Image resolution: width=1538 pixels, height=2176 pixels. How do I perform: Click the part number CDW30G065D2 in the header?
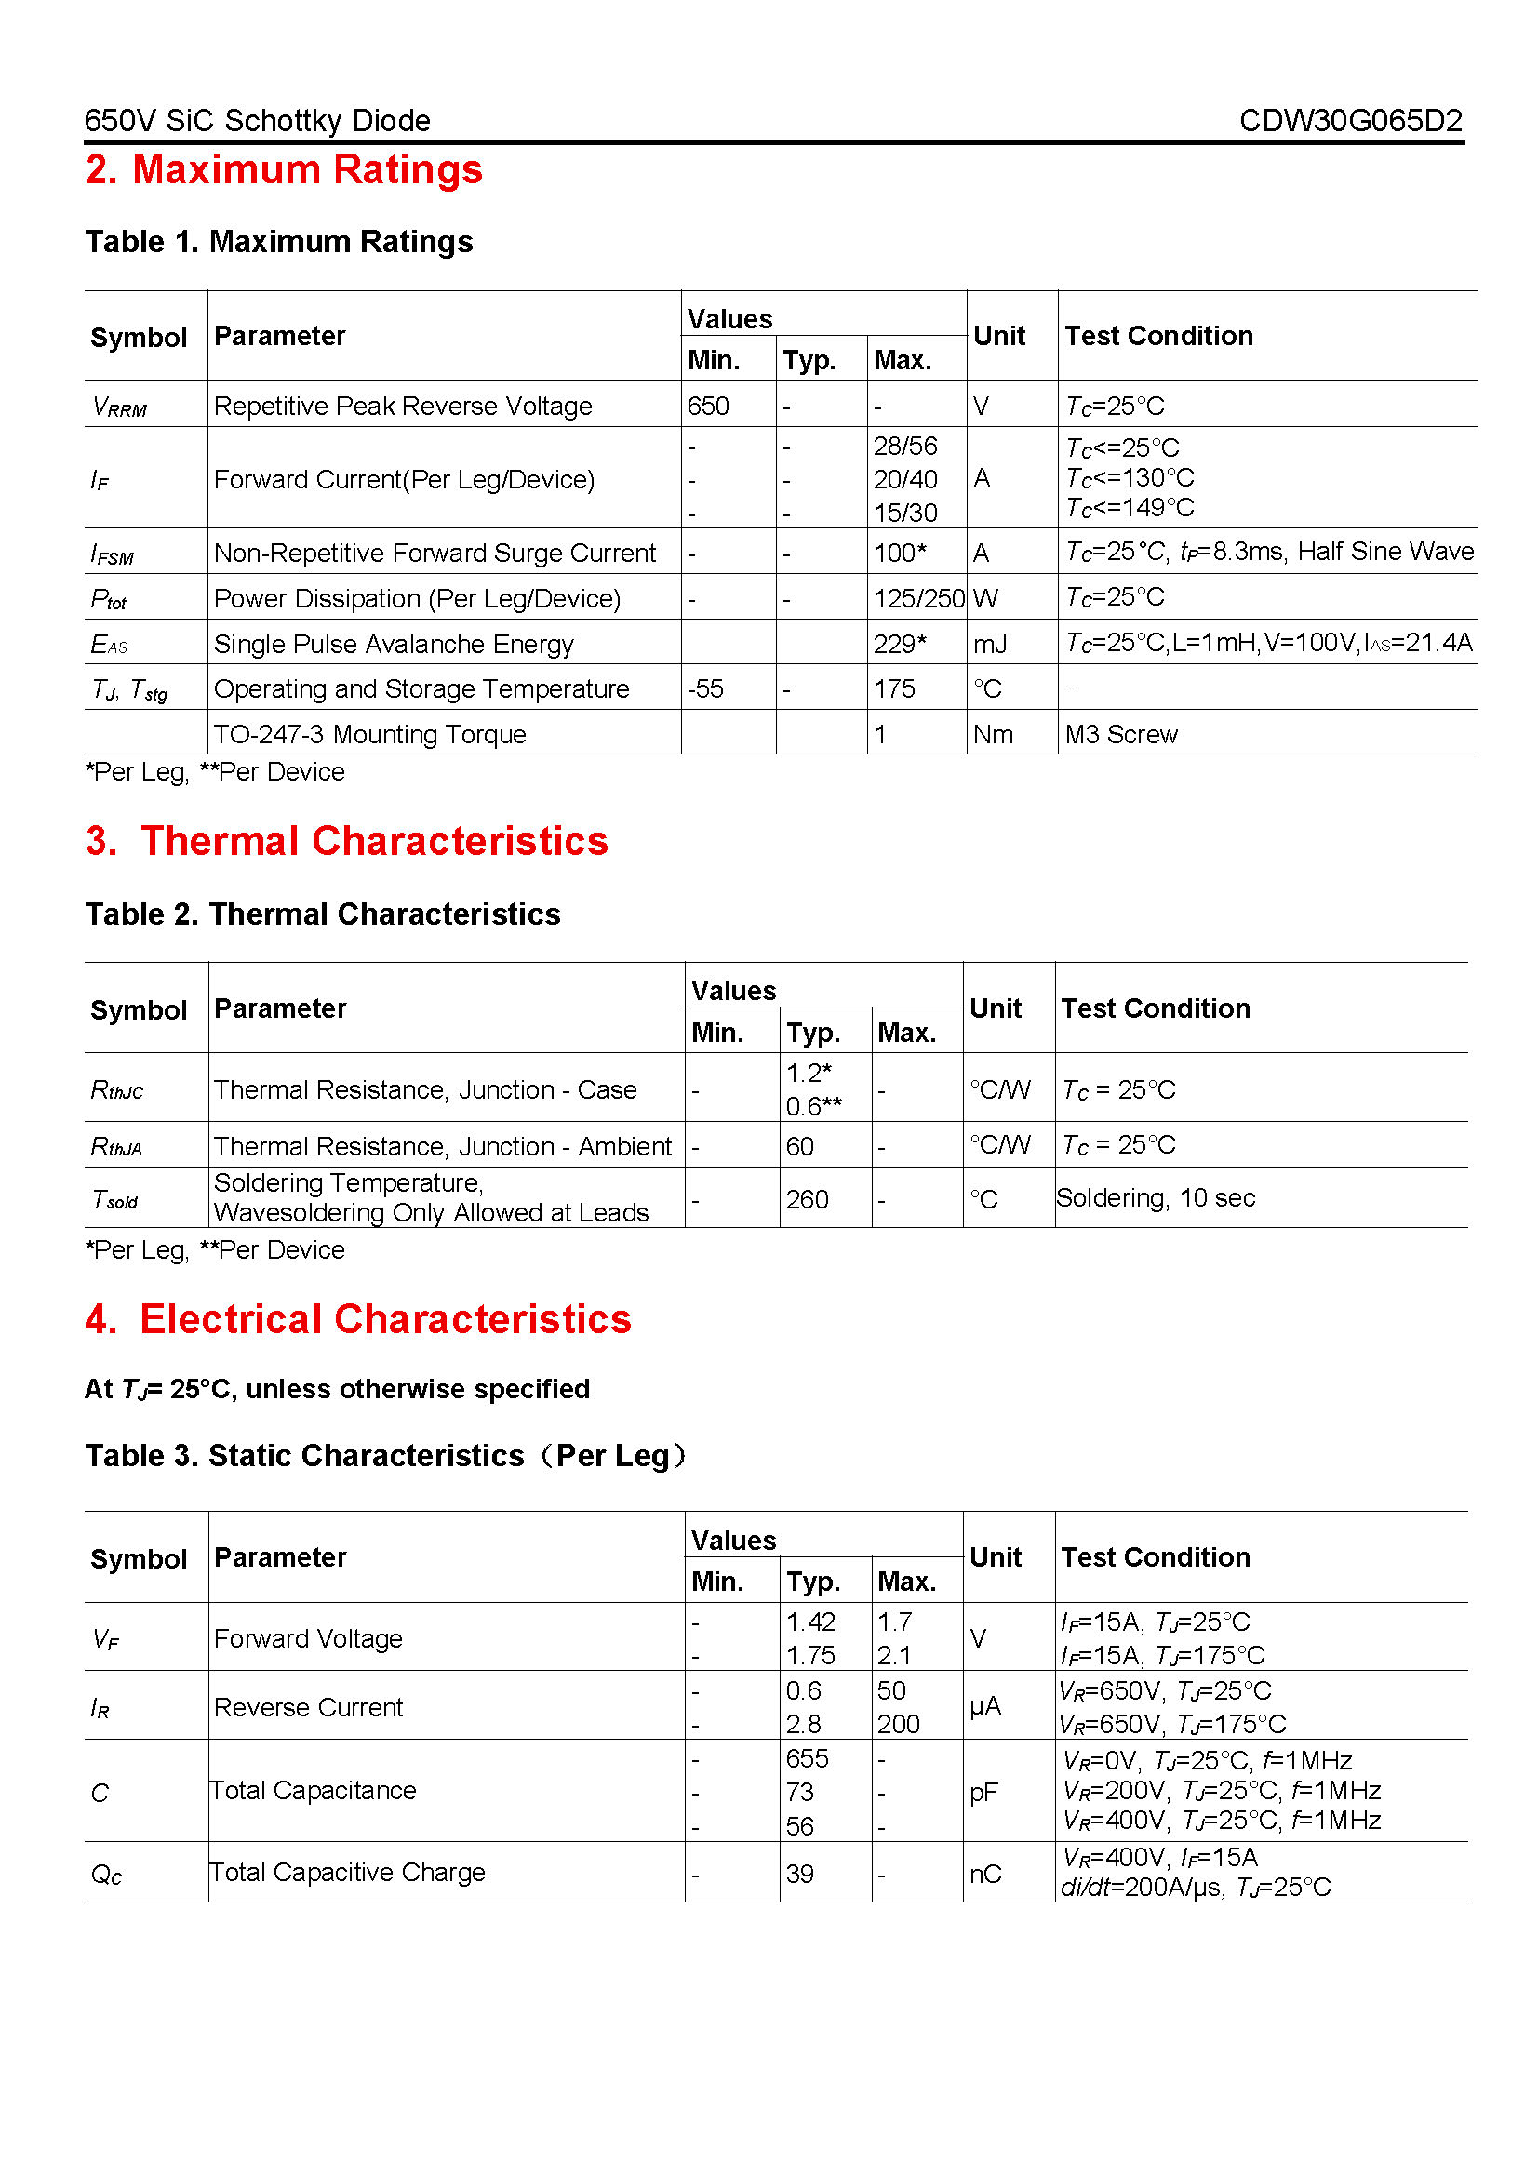(x=1349, y=120)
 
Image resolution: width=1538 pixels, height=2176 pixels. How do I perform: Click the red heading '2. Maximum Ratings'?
(x=284, y=169)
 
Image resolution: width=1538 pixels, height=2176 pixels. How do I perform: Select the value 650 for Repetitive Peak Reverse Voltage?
(x=708, y=406)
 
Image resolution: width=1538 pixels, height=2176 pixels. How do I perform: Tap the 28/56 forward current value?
(x=905, y=446)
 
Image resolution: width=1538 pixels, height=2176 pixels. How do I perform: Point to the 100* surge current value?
(x=900, y=553)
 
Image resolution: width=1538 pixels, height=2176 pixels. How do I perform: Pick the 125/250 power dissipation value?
(x=918, y=598)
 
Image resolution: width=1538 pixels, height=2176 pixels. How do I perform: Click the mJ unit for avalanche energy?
(x=989, y=645)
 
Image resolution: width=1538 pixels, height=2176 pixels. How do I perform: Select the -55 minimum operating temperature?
(x=705, y=689)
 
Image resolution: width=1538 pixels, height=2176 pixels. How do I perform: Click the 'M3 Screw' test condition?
(x=1120, y=735)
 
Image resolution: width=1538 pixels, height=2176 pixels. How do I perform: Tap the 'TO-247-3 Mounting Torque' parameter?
(x=369, y=735)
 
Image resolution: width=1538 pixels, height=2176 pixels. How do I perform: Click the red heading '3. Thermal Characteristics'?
(x=347, y=841)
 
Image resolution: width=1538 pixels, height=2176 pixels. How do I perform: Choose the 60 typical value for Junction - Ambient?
(x=799, y=1147)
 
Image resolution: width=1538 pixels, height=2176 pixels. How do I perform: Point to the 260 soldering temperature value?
(x=807, y=1200)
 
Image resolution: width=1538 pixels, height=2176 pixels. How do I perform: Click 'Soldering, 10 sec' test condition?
(x=1156, y=1198)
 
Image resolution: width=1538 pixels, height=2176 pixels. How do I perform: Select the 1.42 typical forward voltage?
(x=810, y=1622)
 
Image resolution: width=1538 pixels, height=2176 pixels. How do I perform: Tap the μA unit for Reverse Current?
(x=984, y=1707)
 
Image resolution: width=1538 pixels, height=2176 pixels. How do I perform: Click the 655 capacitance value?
(x=807, y=1758)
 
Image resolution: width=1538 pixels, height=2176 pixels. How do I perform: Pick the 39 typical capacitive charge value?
(x=799, y=1874)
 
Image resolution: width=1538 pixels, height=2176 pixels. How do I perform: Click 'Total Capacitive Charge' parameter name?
(x=347, y=1872)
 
